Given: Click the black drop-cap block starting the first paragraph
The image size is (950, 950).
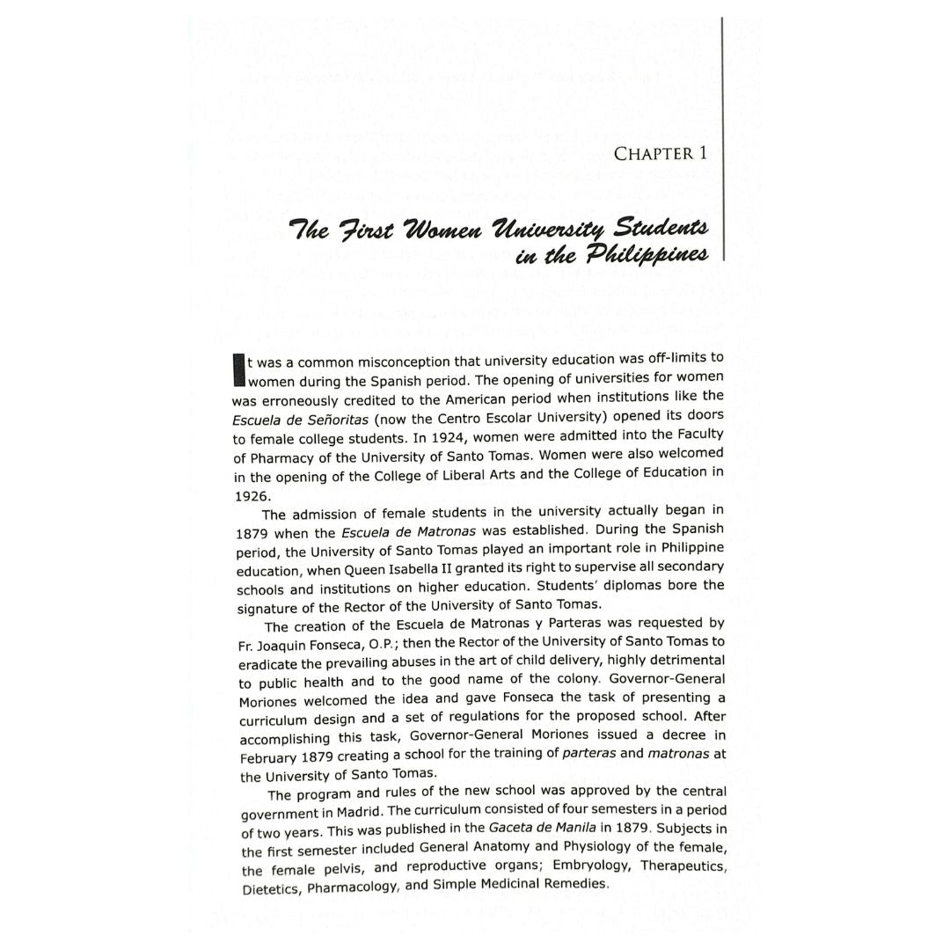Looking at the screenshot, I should coord(237,370).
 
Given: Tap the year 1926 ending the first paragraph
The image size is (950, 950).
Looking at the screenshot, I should coord(252,496).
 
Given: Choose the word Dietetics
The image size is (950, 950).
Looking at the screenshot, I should coord(271,888).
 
